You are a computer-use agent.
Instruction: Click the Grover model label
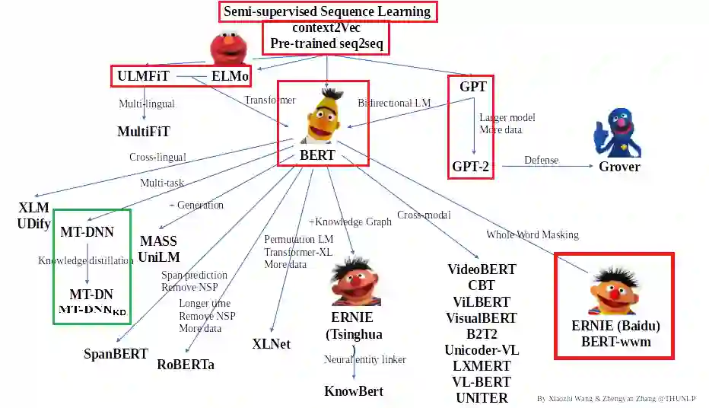coord(619,167)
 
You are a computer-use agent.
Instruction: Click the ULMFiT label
coord(143,76)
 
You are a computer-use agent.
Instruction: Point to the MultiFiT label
coord(144,132)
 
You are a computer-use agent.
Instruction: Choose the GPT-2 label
coord(471,167)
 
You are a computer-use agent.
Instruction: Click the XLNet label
coord(271,343)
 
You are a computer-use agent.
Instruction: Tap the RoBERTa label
coord(186,364)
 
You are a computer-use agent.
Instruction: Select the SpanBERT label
coord(116,353)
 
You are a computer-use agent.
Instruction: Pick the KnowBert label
coord(354,391)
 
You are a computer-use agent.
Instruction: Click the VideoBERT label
coord(482,269)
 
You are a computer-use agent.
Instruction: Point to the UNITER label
coord(482,397)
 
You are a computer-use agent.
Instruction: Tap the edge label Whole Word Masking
coord(533,234)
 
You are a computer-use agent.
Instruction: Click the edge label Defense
coord(541,160)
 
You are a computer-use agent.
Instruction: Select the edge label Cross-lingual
coord(157,158)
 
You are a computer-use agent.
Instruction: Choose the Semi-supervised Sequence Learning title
coord(327,11)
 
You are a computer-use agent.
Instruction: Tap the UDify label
coord(33,223)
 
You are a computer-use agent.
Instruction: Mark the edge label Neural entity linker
coord(365,359)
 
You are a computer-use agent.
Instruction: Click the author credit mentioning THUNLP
coord(616,398)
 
